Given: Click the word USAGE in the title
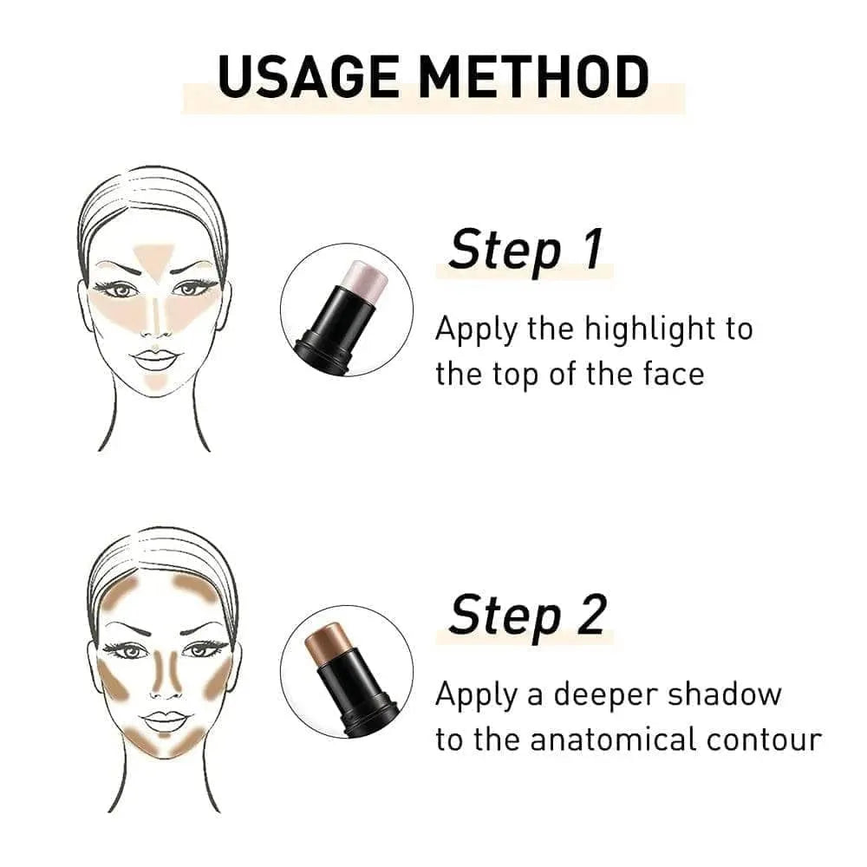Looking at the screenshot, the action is [308, 76].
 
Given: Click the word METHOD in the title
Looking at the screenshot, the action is [533, 76].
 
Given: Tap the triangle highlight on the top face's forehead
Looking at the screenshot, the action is [153, 260].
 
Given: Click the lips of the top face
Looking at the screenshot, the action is [154, 359].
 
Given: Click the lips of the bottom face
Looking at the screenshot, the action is [165, 720].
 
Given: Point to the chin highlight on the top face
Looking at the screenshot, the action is [155, 382].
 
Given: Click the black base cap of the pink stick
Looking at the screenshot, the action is [323, 352].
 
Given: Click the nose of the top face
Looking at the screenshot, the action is [155, 321].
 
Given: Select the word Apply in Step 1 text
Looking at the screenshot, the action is [476, 330].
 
